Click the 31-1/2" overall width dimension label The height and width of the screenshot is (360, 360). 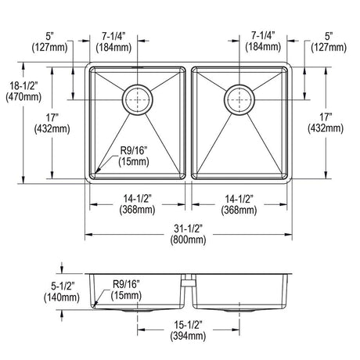[x=188, y=229]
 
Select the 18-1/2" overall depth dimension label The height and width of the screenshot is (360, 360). [x=23, y=85]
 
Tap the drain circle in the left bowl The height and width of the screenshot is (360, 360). [x=138, y=99]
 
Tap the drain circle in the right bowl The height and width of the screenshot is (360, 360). [x=239, y=99]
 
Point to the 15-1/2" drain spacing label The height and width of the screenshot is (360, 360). [x=188, y=325]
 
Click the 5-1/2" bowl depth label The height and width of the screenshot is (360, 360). [x=63, y=286]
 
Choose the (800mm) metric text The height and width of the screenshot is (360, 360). [x=188, y=239]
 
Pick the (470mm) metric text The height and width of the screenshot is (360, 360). [x=23, y=97]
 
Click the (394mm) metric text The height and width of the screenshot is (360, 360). [x=188, y=336]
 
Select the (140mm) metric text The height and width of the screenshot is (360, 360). [x=62, y=297]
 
